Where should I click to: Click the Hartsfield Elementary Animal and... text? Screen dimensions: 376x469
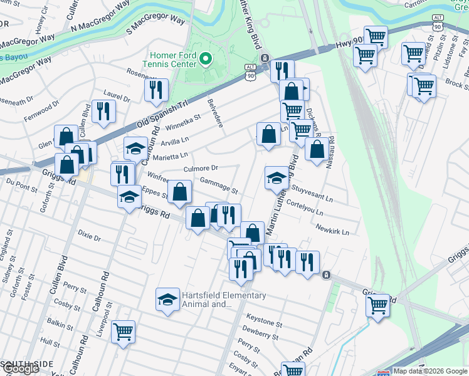click(x=224, y=300)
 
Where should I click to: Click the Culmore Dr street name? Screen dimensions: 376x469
click(x=201, y=168)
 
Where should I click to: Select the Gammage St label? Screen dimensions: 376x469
click(x=219, y=185)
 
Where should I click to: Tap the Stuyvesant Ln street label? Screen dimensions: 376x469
click(x=312, y=196)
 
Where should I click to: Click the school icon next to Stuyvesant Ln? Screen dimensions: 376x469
click(x=277, y=179)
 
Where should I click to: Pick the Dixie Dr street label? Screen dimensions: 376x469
click(x=89, y=238)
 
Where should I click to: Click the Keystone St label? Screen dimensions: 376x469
click(x=264, y=323)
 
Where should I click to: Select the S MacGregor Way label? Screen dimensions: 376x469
click(x=155, y=25)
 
